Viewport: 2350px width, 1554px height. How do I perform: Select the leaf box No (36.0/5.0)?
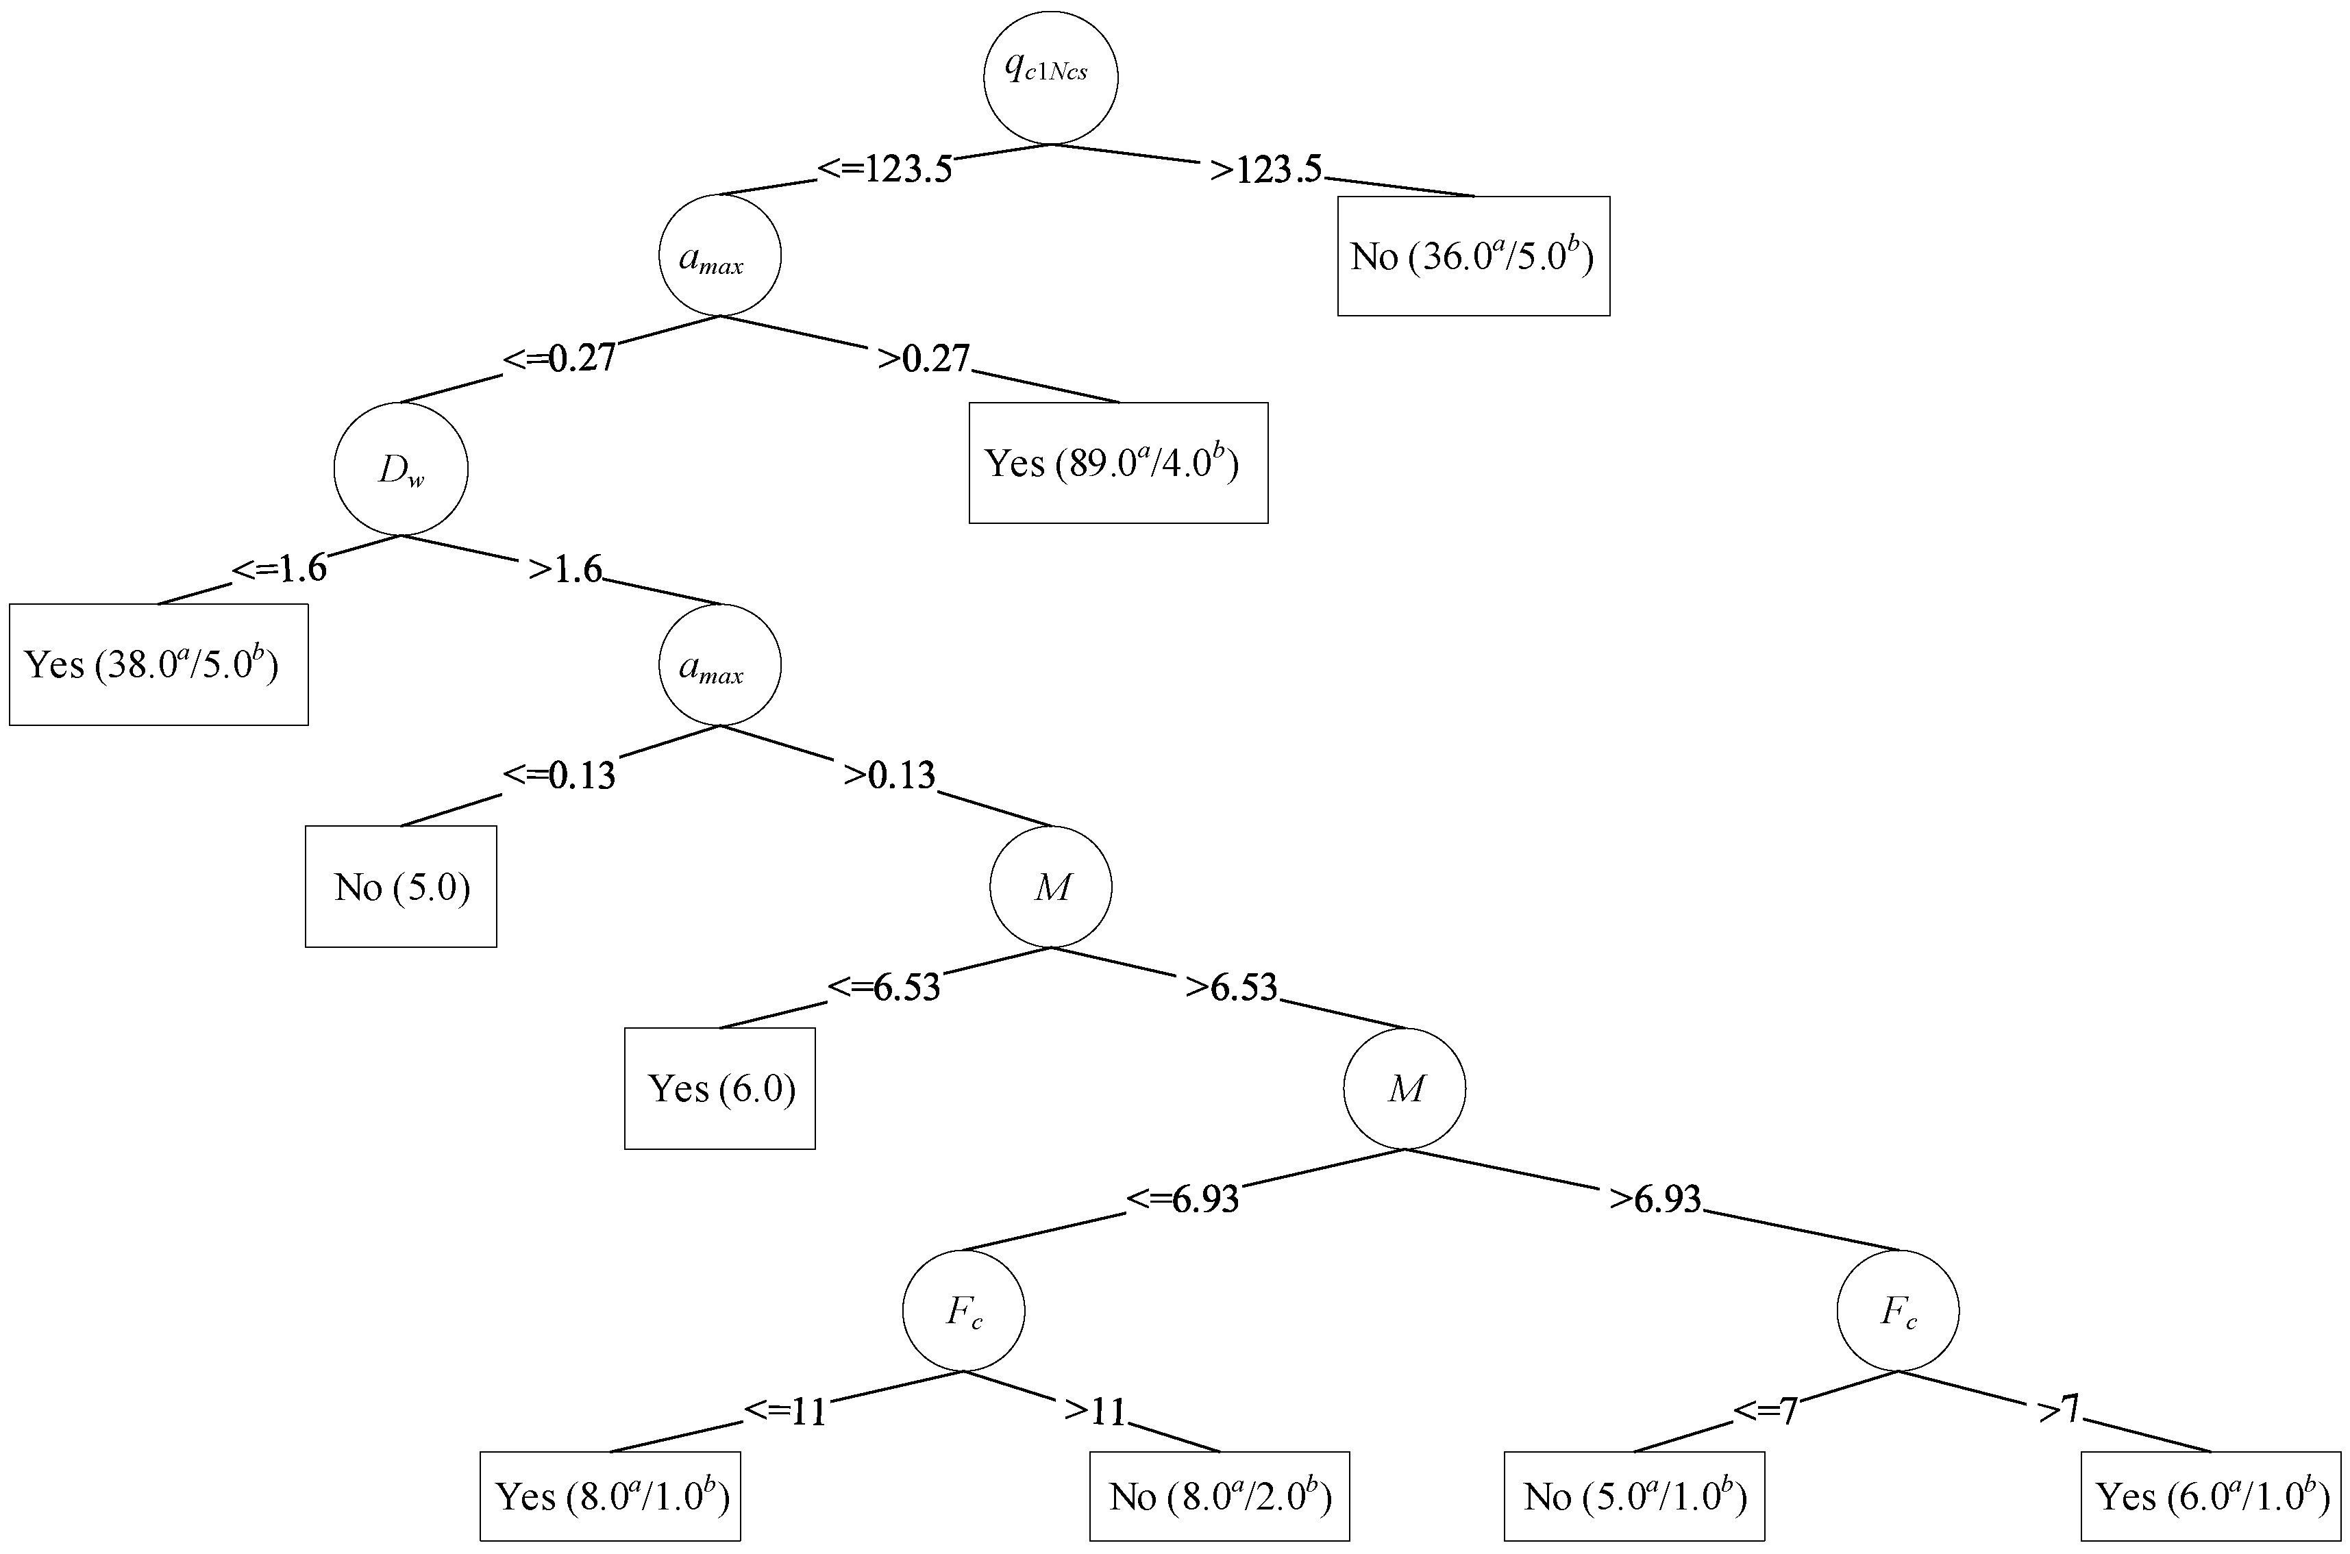1473,257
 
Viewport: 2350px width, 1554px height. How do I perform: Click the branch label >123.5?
1265,169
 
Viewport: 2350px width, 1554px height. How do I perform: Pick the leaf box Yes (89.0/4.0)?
1118,463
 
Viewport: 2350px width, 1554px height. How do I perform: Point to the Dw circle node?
400,468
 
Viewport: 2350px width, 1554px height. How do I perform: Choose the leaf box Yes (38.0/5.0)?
158,665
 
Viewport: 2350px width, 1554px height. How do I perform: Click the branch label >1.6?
565,570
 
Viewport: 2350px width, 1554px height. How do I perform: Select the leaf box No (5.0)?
400,887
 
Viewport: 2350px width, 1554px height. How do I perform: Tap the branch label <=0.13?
559,775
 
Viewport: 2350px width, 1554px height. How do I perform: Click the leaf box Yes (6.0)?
719,1089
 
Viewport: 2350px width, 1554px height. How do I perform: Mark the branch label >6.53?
1231,987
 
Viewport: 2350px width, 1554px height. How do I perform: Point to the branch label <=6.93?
1183,1199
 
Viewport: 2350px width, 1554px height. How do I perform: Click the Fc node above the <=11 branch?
963,1311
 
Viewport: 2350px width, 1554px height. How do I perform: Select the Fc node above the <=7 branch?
1897,1311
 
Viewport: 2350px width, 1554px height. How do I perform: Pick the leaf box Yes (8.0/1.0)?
610,1496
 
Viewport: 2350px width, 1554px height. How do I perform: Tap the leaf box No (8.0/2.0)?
1219,1496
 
